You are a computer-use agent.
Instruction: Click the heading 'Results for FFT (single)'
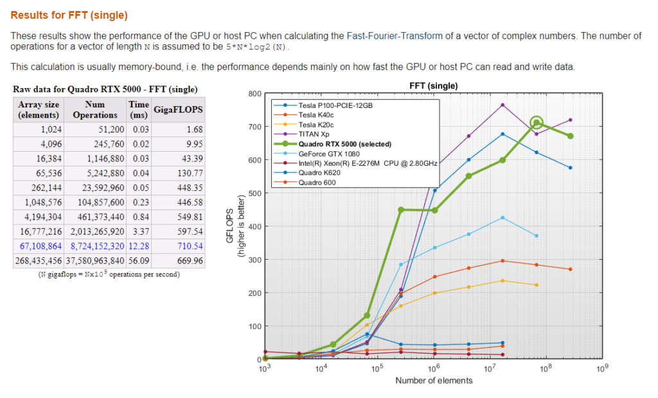pyautogui.click(x=69, y=15)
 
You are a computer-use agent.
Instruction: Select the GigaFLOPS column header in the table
pyautogui.click(x=178, y=109)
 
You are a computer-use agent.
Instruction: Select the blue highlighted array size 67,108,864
pyautogui.click(x=39, y=246)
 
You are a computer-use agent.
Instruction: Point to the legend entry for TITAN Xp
pyautogui.click(x=314, y=134)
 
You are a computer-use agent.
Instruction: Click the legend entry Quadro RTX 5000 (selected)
pyautogui.click(x=344, y=144)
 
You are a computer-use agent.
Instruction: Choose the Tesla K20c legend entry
pyautogui.click(x=316, y=124)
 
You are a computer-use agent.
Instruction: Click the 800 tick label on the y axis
pyautogui.click(x=254, y=94)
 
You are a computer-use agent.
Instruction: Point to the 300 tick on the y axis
pyautogui.click(x=254, y=260)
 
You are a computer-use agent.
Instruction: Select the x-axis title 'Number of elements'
pyautogui.click(x=434, y=380)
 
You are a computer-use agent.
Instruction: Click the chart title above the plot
pyautogui.click(x=433, y=86)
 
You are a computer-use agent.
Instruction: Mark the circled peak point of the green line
pyautogui.click(x=537, y=123)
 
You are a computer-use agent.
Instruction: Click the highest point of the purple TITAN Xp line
pyautogui.click(x=502, y=105)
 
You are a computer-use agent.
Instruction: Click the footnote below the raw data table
pyautogui.click(x=96, y=275)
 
